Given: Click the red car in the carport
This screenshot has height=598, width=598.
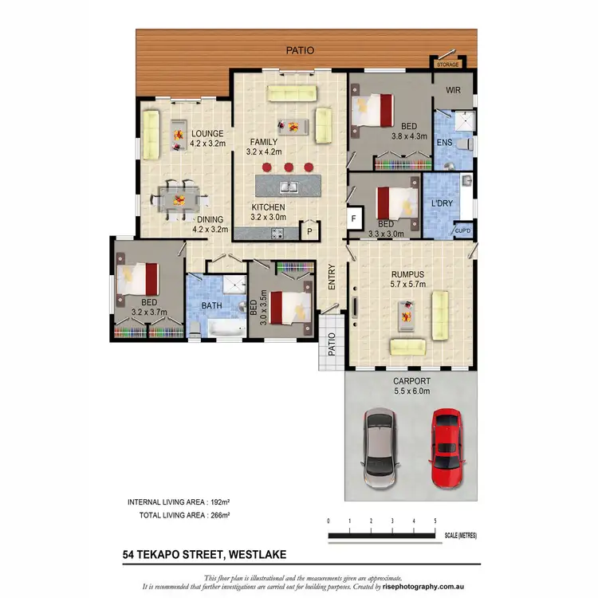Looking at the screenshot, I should pos(445,449).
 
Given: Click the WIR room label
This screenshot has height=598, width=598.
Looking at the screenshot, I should pos(454,92).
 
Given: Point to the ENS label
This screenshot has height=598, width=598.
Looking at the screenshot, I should pos(445,143).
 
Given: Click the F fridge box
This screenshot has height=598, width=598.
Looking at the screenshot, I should pos(353,216).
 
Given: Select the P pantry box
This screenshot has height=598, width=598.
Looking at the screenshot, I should pos(309,231).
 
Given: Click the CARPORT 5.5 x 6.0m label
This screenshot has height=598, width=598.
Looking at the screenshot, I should pos(411,386).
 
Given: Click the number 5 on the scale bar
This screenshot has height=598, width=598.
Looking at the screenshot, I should pos(435,521).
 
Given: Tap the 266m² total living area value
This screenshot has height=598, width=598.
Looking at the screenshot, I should pos(218,516).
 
